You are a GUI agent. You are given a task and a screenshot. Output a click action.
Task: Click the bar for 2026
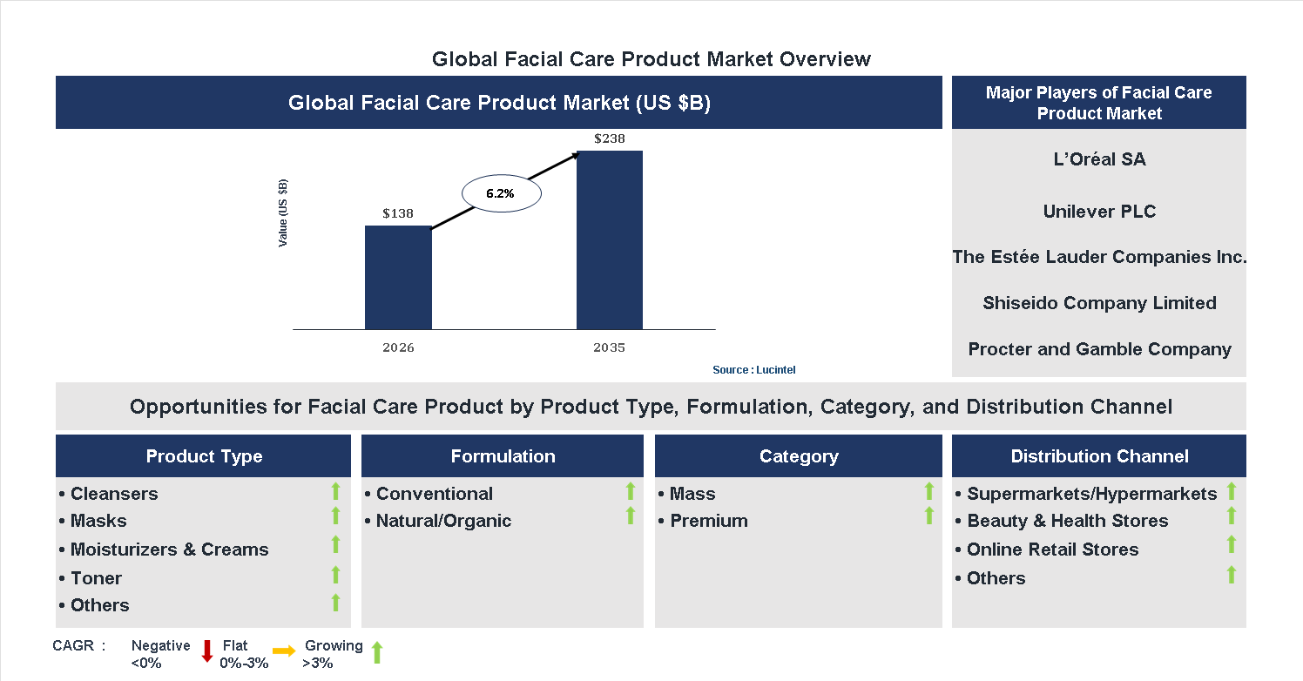pos(398,277)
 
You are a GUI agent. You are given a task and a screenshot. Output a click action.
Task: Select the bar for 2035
pos(610,239)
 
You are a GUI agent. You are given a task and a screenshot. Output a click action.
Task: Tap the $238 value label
pos(610,138)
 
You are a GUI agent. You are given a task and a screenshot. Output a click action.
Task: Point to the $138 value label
pos(398,213)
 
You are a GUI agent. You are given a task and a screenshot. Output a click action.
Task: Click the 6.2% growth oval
pos(501,193)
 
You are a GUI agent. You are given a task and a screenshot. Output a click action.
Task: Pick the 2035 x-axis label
pos(610,347)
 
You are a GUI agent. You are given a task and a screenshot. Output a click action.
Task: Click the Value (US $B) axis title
pos(283,212)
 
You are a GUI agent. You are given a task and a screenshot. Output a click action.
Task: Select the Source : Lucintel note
pos(753,370)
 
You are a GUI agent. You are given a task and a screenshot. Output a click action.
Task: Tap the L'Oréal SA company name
pos(1098,159)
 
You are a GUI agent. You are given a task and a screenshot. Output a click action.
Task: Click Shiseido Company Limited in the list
pos(1098,303)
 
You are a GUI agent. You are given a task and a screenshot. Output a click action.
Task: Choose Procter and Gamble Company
pos(1098,349)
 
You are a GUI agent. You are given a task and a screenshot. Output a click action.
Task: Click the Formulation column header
pos(503,456)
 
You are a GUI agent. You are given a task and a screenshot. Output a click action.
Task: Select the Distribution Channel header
pos(1098,456)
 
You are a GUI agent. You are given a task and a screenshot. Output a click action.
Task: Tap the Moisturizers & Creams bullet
pos(169,550)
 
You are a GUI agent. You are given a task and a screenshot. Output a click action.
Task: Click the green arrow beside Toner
pos(335,575)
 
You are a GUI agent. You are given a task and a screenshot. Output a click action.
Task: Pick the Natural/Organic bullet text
pos(443,521)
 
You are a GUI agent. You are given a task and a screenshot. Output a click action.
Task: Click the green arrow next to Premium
pos(928,516)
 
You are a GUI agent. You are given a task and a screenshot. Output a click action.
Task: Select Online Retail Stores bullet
pos(1052,550)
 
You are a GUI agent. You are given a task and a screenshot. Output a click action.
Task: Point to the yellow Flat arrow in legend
pos(284,651)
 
